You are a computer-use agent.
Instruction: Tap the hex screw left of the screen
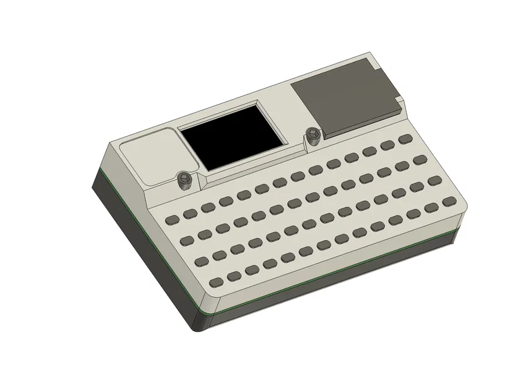[x=185, y=180]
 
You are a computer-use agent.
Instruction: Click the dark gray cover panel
[x=345, y=98]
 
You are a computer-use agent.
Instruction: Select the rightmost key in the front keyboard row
[x=449, y=201]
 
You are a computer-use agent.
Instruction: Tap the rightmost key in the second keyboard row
[x=420, y=159]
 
